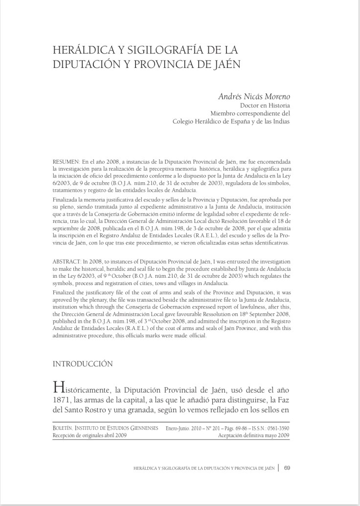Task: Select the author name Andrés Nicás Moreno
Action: pyautogui.click(x=254, y=96)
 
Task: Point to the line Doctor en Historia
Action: pyautogui.click(x=265, y=105)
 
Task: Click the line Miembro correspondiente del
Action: pyautogui.click(x=250, y=113)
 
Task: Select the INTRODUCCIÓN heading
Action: pyautogui.click(x=83, y=364)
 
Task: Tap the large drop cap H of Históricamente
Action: pyautogui.click(x=58, y=390)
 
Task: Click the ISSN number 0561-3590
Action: pyautogui.click(x=278, y=428)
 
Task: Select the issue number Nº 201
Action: pyautogui.click(x=212, y=428)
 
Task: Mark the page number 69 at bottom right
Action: pyautogui.click(x=287, y=468)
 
